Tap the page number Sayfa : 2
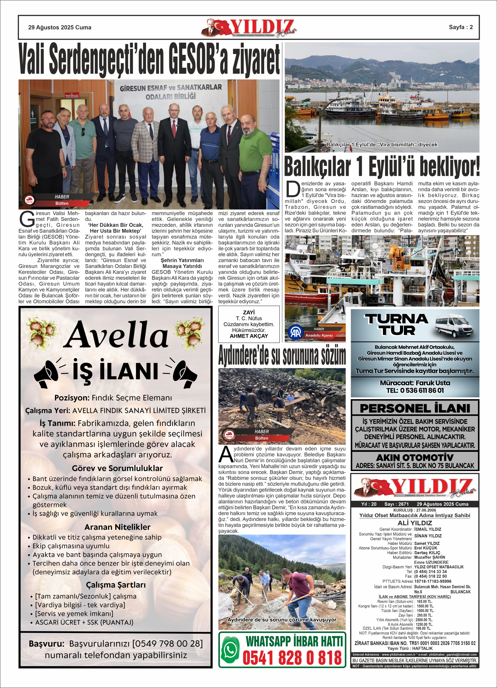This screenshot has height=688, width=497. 461,27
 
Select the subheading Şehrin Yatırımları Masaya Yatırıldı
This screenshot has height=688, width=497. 182,263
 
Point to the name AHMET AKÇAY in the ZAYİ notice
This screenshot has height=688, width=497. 249,336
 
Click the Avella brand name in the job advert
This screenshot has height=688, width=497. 117,335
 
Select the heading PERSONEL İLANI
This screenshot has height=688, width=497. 415,408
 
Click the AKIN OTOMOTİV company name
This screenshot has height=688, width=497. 415,457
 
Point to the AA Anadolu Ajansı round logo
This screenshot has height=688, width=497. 295,333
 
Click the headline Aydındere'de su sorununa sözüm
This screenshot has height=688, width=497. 282,356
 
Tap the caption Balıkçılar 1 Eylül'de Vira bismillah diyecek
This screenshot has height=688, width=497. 382,145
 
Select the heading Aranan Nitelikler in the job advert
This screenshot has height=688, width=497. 117,527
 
